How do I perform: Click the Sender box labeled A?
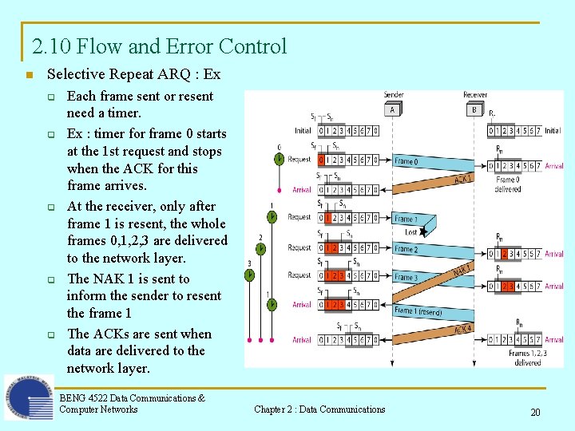pos(393,109)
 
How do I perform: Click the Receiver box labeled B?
pos(474,109)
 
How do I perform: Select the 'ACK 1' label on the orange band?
pos(463,180)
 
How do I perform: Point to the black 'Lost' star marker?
pos(424,230)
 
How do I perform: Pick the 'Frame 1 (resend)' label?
pos(418,310)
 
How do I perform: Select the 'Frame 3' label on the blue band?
pos(405,277)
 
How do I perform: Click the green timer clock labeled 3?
pos(249,275)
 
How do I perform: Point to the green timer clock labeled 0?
pos(279,159)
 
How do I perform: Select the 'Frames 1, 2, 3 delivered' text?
pos(527,358)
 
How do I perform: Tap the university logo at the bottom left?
pos(29,397)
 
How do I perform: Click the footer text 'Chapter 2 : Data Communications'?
pos(319,409)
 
